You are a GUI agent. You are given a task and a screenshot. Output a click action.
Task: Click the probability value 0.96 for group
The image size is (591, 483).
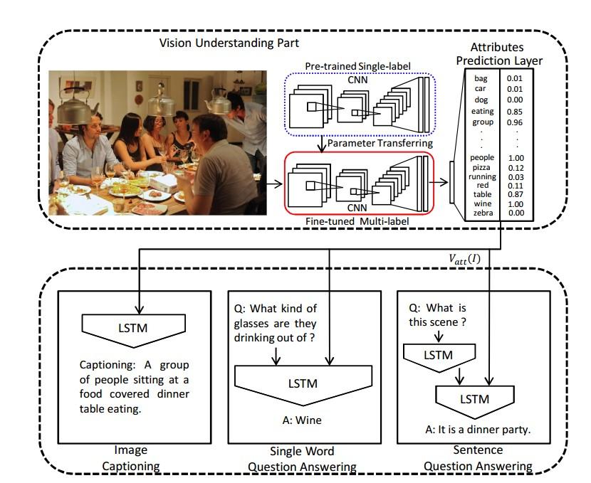tap(515, 122)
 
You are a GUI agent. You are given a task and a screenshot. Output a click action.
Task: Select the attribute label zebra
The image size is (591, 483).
tap(483, 213)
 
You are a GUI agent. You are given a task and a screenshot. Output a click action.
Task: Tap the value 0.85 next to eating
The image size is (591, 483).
tap(515, 112)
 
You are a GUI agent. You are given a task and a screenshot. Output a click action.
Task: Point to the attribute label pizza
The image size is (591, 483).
tap(481, 167)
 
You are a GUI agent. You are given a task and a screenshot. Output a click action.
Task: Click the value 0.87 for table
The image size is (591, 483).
tap(516, 194)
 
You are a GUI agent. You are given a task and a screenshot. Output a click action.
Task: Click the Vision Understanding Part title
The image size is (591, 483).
tap(229, 43)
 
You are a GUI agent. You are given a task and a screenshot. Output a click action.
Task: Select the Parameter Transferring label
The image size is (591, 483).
tap(380, 143)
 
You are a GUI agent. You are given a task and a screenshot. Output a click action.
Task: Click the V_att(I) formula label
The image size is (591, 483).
tap(464, 259)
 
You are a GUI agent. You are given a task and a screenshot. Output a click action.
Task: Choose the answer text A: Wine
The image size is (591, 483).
tap(302, 420)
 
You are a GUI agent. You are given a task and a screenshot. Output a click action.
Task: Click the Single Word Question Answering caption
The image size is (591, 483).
tap(302, 459)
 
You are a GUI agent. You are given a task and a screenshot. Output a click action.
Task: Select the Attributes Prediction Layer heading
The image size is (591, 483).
tap(498, 54)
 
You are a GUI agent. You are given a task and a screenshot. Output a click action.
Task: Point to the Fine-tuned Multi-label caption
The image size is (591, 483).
tap(357, 221)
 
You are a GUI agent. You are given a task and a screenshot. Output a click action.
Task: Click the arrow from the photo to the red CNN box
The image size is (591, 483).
tap(274, 184)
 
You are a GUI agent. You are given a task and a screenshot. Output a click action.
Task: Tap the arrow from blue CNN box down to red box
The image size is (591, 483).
tap(321, 144)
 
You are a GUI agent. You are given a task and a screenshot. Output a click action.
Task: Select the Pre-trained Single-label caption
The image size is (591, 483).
tap(357, 66)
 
